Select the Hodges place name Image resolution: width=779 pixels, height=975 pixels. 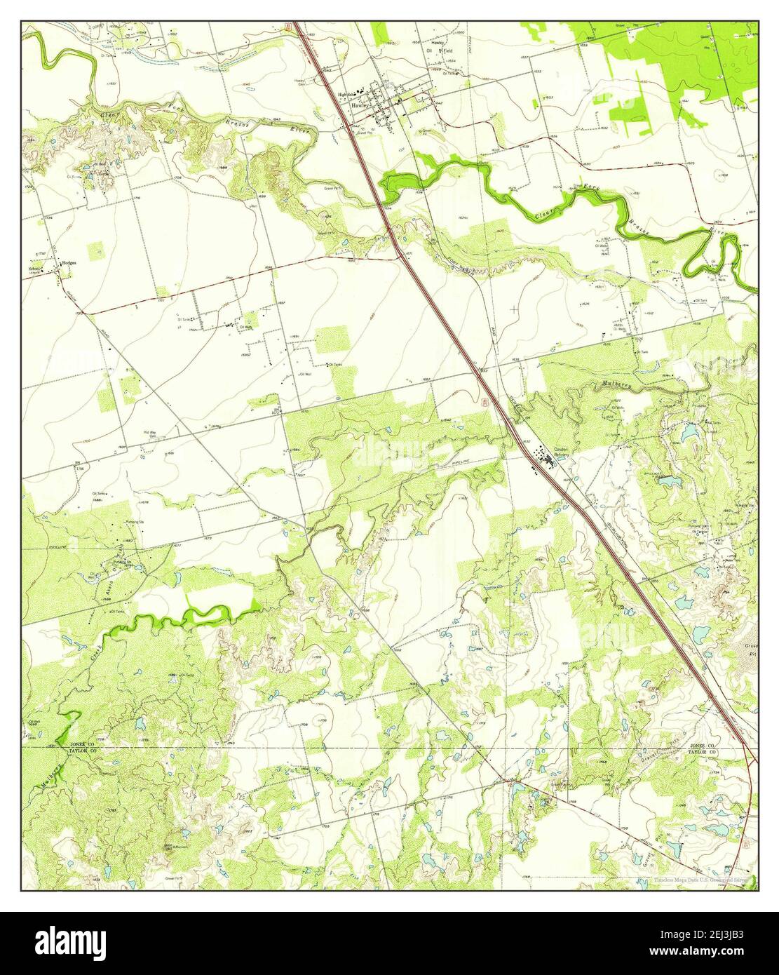point(68,262)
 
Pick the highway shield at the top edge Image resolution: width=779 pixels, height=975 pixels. point(288,27)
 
